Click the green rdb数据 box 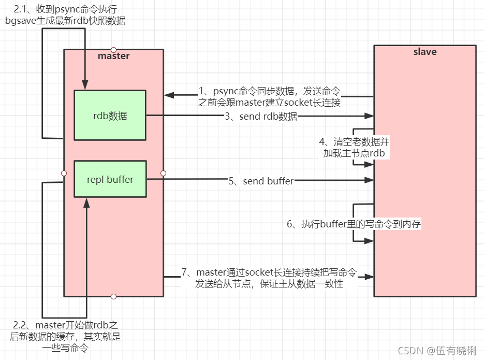[110, 116]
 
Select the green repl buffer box [110, 179]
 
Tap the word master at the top [113, 56]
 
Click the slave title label [424, 52]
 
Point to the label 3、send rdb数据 [261, 117]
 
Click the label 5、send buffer [261, 181]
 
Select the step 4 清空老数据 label [355, 147]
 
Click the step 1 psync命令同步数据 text [269, 96]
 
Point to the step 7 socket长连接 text [269, 278]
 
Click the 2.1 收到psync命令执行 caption [65, 15]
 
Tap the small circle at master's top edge [113, 50]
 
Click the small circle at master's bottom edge [113, 296]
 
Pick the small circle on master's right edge [163, 173]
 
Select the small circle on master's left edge [64, 173]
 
